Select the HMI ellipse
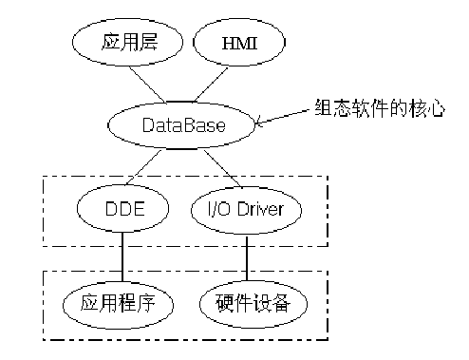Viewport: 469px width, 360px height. (239, 44)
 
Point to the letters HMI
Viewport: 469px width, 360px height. (239, 44)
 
